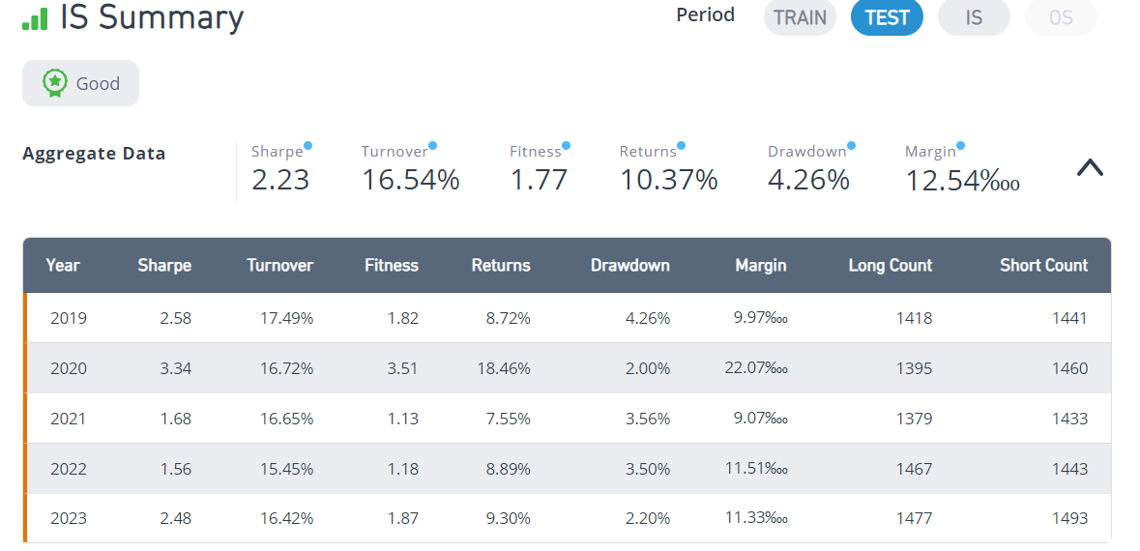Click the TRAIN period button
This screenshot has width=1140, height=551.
pyautogui.click(x=800, y=17)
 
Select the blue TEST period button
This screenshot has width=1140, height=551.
pyautogui.click(x=887, y=17)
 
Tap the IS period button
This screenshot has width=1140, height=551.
pyautogui.click(x=975, y=17)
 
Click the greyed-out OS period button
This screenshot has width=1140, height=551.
pyautogui.click(x=1061, y=17)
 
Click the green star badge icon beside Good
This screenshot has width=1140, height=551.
pyautogui.click(x=55, y=83)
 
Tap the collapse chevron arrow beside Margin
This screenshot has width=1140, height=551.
pyautogui.click(x=1090, y=168)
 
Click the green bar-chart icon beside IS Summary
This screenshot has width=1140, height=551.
pyautogui.click(x=35, y=19)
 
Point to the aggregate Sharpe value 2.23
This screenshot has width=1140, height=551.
pyautogui.click(x=280, y=180)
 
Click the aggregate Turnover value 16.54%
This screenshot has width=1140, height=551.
pyautogui.click(x=411, y=180)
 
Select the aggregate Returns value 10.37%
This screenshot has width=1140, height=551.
pyautogui.click(x=669, y=180)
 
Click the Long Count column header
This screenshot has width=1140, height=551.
pyautogui.click(x=890, y=265)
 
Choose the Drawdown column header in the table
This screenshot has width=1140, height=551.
pyautogui.click(x=630, y=265)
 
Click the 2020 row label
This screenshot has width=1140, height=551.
pyautogui.click(x=69, y=368)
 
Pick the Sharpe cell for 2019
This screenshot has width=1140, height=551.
pyautogui.click(x=175, y=318)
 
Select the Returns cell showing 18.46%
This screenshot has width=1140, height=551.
pyautogui.click(x=504, y=368)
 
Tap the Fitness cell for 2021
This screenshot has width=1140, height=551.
pyautogui.click(x=403, y=419)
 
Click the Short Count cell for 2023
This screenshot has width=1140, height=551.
pyautogui.click(x=1070, y=519)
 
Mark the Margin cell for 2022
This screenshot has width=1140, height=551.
pyautogui.click(x=756, y=468)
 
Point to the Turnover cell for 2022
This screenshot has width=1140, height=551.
pyautogui.click(x=287, y=469)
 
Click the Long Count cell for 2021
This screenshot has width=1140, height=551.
pyautogui.click(x=915, y=419)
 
